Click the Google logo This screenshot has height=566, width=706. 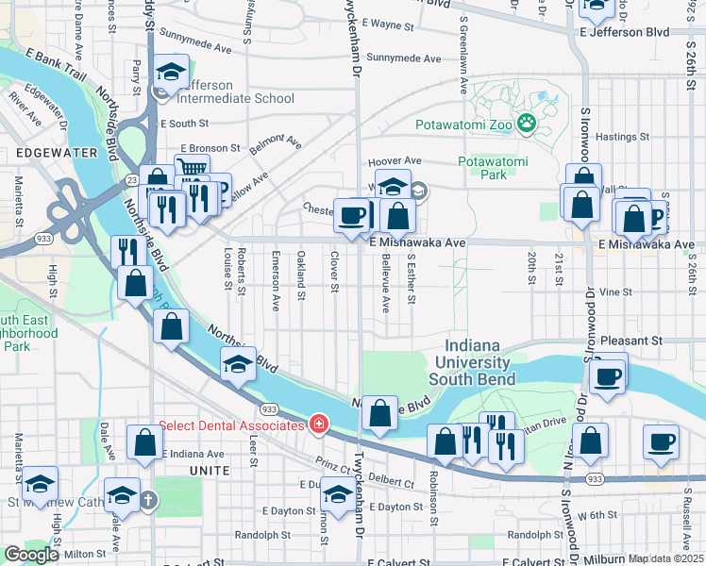click(x=30, y=555)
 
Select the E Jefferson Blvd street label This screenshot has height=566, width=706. click(x=625, y=32)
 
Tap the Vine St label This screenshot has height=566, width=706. click(x=614, y=292)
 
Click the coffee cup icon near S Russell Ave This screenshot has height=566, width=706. click(x=661, y=441)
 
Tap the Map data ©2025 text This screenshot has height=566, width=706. click(x=666, y=558)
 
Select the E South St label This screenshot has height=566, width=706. click(x=184, y=124)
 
